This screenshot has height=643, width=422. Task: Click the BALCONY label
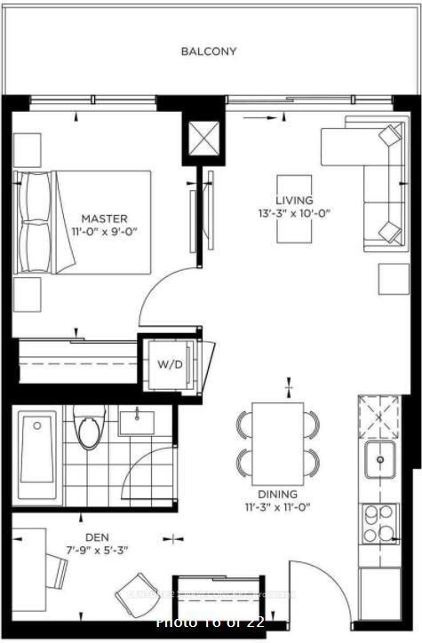coord(209,52)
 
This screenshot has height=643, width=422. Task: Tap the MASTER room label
coord(104,218)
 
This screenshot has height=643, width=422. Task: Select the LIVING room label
coord(294,201)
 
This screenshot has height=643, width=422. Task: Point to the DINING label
coord(278,494)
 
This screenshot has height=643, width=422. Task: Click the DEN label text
coord(98,536)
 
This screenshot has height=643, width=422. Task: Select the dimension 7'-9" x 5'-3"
coord(98,550)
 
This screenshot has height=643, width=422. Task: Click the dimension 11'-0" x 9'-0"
coord(104,231)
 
